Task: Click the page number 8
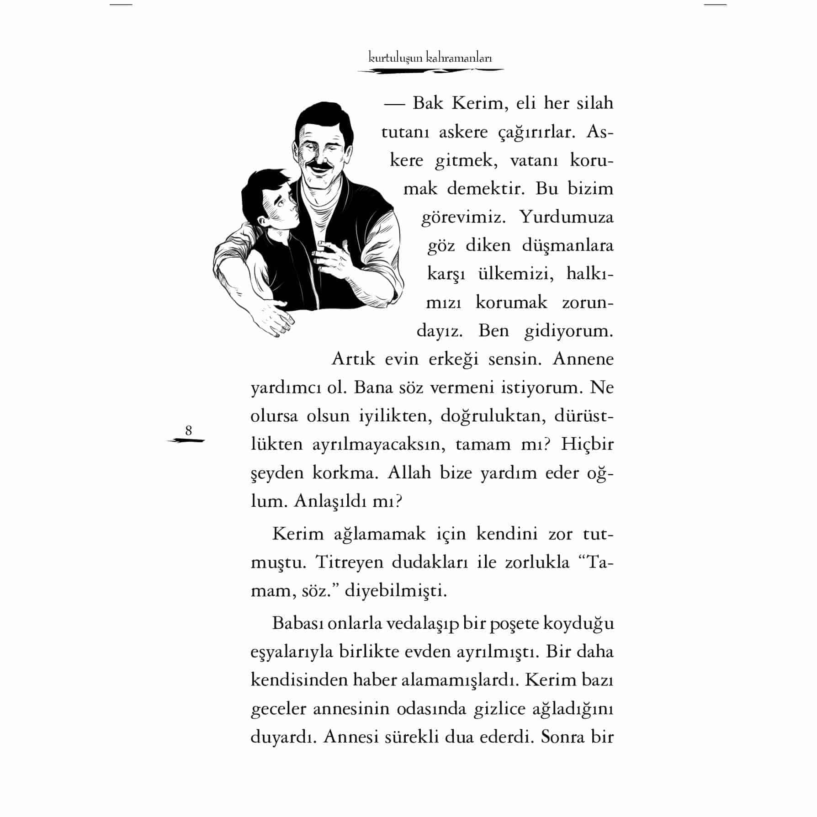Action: (188, 431)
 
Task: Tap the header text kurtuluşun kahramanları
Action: (430, 58)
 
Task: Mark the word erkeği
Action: (453, 360)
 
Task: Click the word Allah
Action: (409, 472)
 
